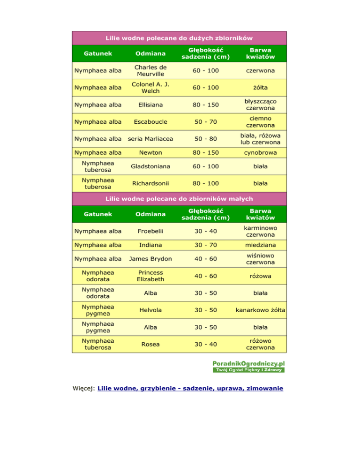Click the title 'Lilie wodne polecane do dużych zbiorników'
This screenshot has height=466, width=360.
click(180, 38)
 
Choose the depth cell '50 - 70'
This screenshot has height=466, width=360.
click(206, 122)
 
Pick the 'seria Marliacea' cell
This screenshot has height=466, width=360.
click(150, 139)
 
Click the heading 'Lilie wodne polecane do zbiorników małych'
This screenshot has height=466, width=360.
click(180, 198)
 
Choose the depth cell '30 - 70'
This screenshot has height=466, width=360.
click(206, 245)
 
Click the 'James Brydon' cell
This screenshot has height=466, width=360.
click(150, 259)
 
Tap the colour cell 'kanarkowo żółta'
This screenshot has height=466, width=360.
click(260, 310)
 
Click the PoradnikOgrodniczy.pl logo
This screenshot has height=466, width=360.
click(248, 366)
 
